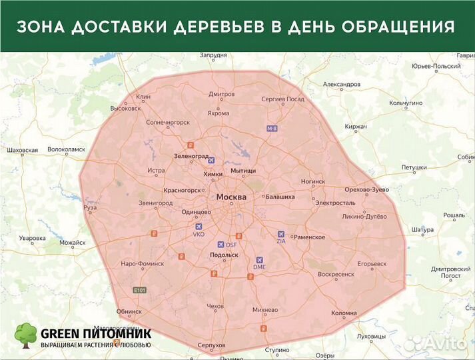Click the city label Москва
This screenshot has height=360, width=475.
231,197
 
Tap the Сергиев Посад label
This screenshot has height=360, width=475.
282,99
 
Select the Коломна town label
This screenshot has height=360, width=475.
344,313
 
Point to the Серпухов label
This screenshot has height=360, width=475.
211,345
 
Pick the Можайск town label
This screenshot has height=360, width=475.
73,243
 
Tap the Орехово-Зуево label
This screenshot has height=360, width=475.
366,189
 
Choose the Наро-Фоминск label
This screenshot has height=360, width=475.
142,263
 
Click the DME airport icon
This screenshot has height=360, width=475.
260,260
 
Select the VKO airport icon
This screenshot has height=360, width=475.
199,227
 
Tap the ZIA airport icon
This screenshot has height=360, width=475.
280,234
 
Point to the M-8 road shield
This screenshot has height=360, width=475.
271,127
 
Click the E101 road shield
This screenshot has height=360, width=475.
139,290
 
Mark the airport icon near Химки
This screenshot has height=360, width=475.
212,160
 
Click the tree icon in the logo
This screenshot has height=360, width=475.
26,335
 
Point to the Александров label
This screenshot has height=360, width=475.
341,85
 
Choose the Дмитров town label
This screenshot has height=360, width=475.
221,94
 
